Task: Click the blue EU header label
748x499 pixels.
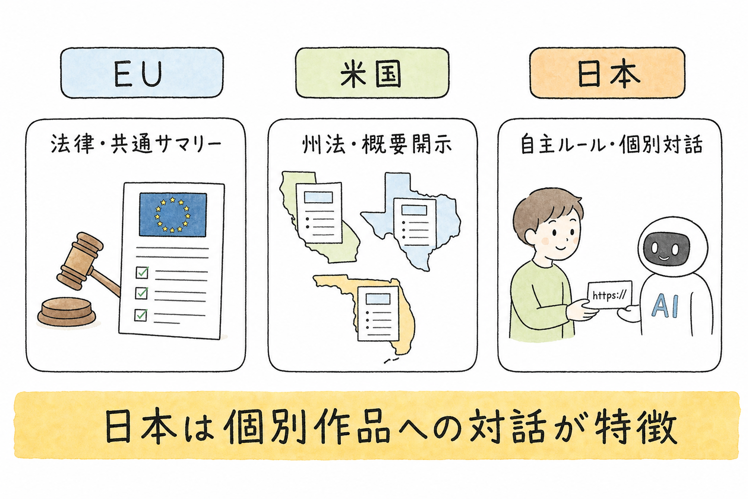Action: point(142,73)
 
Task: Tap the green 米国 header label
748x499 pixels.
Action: point(372,73)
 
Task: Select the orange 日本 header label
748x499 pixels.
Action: point(607,73)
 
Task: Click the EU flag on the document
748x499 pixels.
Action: point(173,214)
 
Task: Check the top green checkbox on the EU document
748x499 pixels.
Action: point(142,272)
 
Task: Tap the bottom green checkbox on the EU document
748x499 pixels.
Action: point(141,314)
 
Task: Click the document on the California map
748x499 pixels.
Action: point(319,212)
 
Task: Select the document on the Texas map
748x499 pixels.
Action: point(415,222)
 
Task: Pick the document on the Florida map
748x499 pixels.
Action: point(378,313)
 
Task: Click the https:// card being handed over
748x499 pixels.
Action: point(609,295)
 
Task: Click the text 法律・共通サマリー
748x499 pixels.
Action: point(136,144)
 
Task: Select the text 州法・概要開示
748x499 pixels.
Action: point(377,144)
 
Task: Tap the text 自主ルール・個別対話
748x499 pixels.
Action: point(612,144)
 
